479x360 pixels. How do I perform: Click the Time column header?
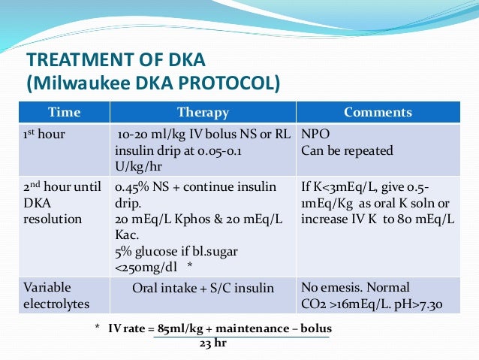[64, 113]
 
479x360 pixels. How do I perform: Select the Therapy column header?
[203, 113]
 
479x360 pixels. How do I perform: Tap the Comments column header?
[378, 113]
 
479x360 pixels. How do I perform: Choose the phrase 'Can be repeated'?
[347, 151]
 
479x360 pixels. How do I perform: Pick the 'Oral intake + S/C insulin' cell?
[203, 288]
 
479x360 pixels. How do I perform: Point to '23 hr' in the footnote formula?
[212, 343]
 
